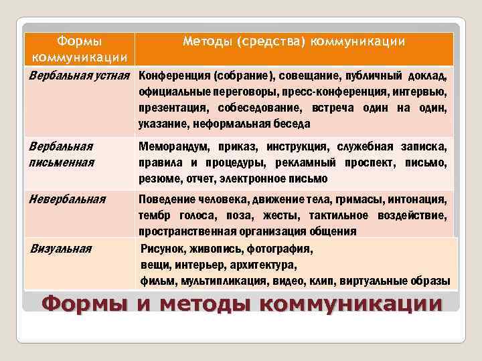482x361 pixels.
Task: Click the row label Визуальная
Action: [61, 249]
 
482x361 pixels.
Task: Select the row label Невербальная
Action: [68, 198]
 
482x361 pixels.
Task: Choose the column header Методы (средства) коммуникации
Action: [294, 41]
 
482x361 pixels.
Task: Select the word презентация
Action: [171, 107]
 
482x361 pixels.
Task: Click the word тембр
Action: [155, 215]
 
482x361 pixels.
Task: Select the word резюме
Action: [157, 178]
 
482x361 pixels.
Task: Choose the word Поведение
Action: [167, 199]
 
